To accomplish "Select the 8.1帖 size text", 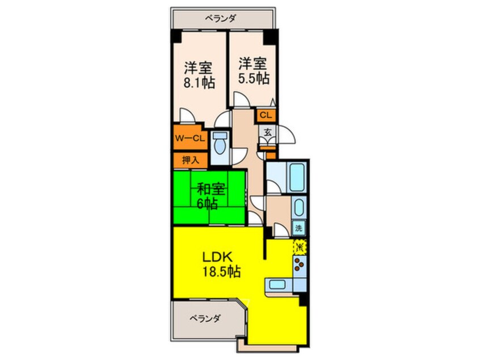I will (199, 83).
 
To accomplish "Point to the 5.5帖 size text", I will (253, 78).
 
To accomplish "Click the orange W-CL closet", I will (188, 139).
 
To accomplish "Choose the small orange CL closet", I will (266, 115).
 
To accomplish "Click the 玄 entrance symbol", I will (266, 133).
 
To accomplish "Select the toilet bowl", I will (220, 146).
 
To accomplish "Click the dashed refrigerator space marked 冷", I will (300, 247).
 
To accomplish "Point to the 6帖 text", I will (208, 203).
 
